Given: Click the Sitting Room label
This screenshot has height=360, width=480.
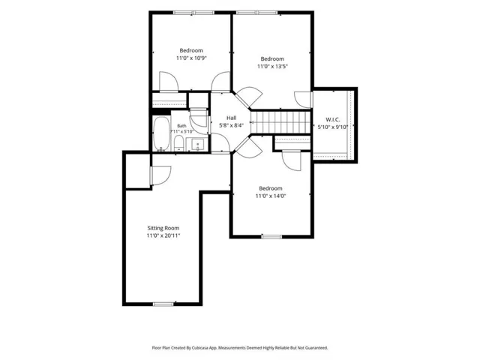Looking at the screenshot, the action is [163, 228].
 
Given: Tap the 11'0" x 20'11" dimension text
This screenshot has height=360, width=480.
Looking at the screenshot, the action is [163, 235].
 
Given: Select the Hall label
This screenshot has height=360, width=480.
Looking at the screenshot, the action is [232, 118].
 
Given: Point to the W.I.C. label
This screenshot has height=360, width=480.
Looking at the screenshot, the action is [333, 120].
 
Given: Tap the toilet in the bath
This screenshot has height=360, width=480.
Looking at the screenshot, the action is [178, 144].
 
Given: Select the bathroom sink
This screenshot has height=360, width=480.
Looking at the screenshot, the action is [197, 144].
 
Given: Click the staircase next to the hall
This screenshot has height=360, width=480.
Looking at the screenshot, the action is [280, 122].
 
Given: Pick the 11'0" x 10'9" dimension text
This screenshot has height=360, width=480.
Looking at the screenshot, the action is [191, 58].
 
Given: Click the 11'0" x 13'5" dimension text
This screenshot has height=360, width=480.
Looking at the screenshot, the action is [272, 66].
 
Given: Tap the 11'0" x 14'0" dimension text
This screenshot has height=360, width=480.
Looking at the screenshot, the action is [271, 196].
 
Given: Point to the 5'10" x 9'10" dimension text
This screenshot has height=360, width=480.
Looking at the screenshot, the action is [333, 127].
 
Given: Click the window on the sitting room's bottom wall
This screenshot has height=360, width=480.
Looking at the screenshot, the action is [163, 304].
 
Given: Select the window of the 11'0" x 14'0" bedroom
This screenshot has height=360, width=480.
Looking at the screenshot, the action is [271, 236].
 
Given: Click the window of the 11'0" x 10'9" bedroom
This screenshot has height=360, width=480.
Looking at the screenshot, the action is [193, 13].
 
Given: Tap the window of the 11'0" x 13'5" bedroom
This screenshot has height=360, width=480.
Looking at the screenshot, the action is [256, 13].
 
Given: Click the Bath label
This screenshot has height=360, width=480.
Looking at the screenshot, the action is [181, 126].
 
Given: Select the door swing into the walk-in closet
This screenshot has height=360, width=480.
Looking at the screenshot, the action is [303, 100].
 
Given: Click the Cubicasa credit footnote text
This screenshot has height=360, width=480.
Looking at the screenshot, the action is [240, 348].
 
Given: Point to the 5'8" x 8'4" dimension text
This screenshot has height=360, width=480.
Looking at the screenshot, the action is [232, 125].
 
